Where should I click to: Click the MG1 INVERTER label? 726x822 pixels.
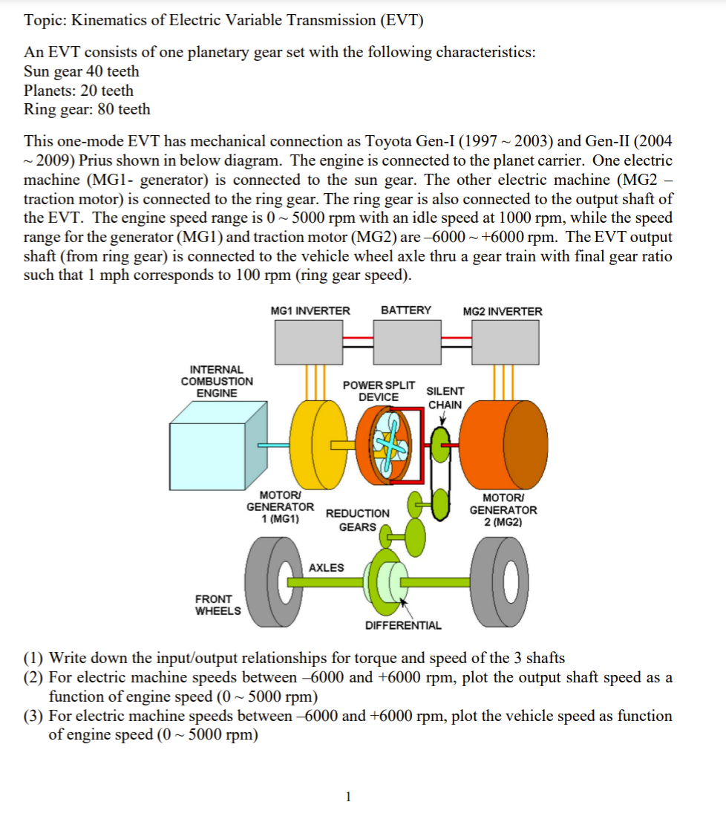[x=310, y=311]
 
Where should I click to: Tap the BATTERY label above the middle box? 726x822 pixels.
[x=406, y=310]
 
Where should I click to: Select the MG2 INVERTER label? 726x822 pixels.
[x=503, y=311]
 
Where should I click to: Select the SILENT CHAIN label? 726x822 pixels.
[x=445, y=397]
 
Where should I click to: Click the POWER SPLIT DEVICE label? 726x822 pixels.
[x=379, y=391]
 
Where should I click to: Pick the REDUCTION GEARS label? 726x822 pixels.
[x=357, y=520]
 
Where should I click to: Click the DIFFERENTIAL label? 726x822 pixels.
[x=403, y=625]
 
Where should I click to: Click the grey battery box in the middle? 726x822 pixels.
[x=406, y=342]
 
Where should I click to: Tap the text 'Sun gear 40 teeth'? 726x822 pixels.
[x=82, y=72]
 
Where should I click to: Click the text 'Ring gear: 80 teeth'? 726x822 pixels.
[x=87, y=109]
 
